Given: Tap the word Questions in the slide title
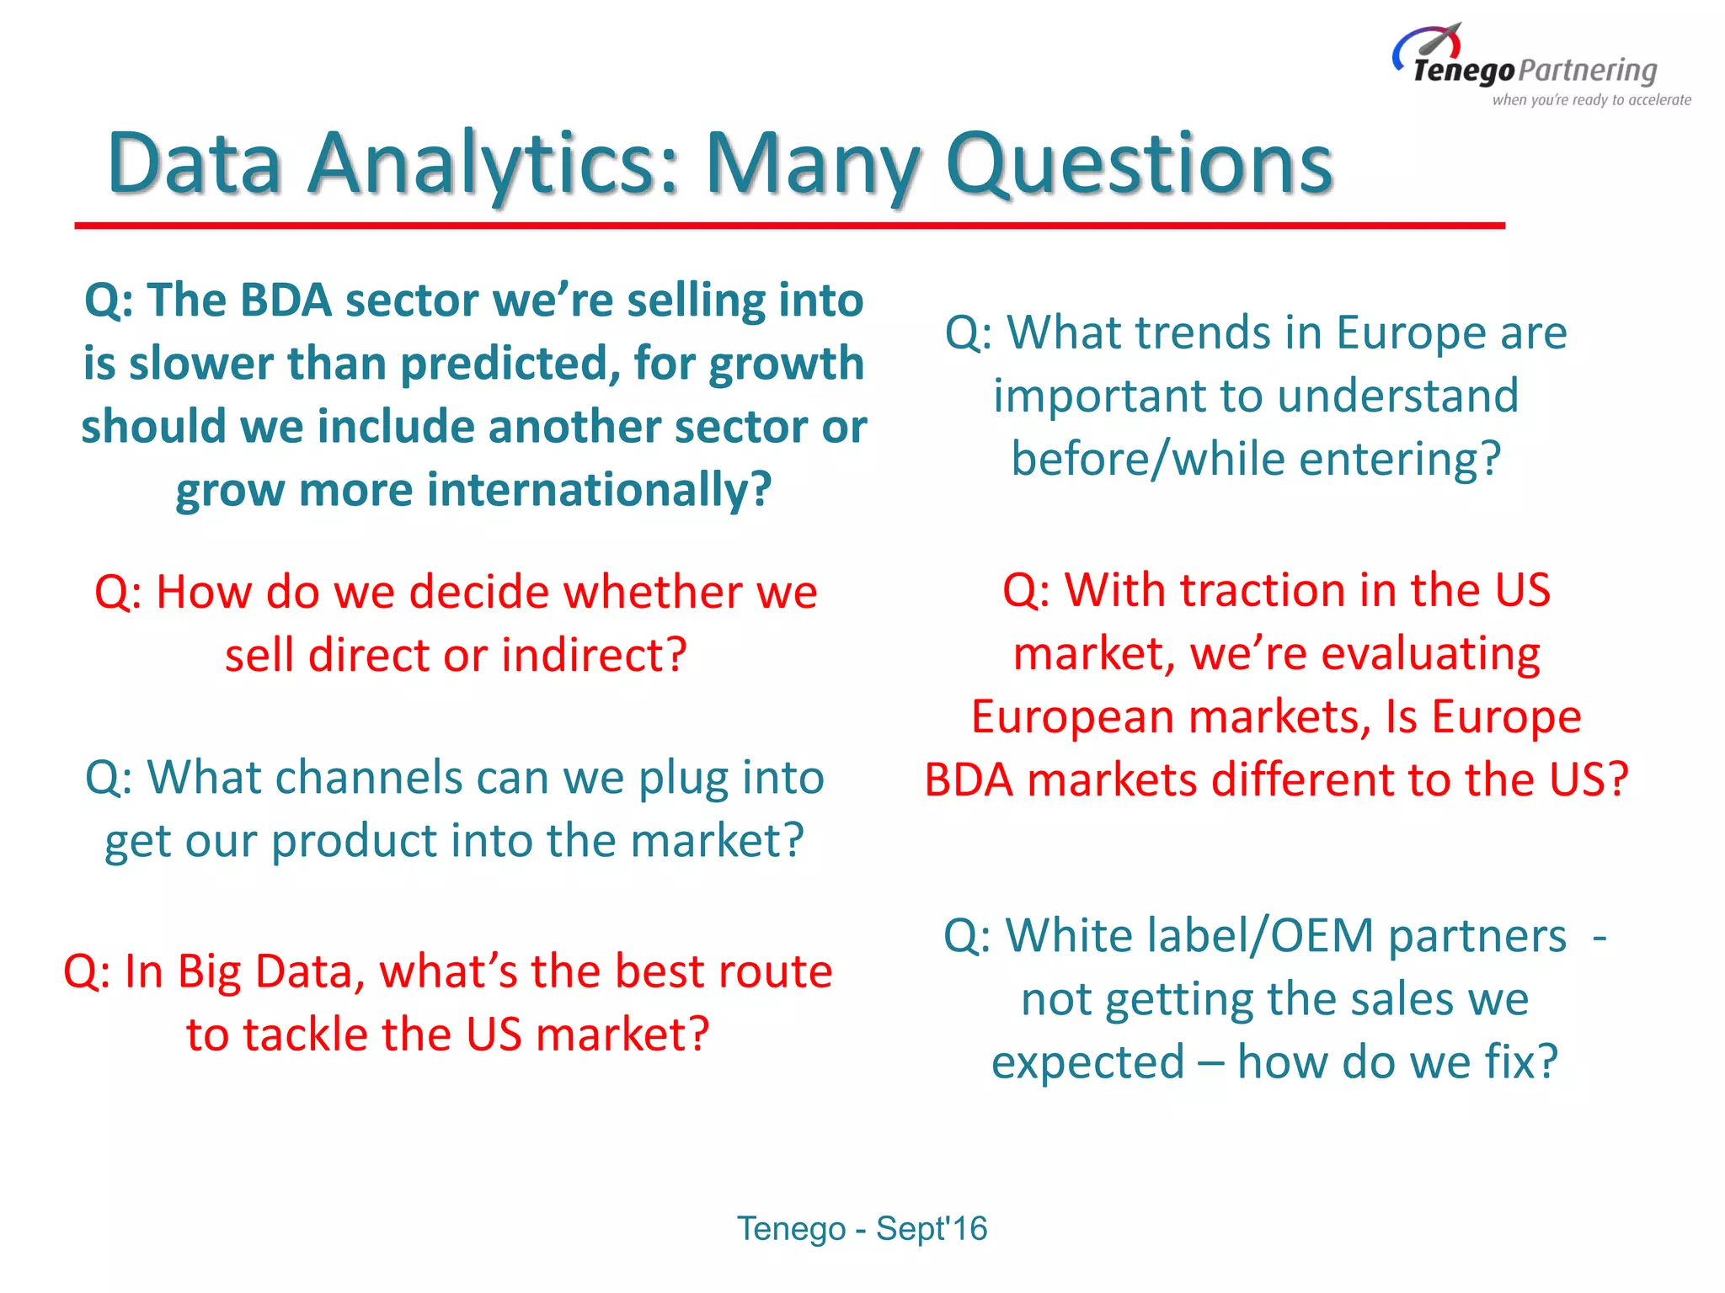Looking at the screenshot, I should click(1139, 164).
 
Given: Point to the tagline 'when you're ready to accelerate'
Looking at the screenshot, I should click(1591, 100).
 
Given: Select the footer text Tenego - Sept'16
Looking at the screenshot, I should click(862, 1228).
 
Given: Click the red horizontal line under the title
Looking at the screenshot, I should click(789, 226).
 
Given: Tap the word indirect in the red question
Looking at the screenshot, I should click(594, 655).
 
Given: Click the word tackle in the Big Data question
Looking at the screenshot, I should click(307, 1035).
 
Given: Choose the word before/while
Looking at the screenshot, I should click(1148, 460).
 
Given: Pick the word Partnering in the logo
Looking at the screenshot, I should click(1589, 71).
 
